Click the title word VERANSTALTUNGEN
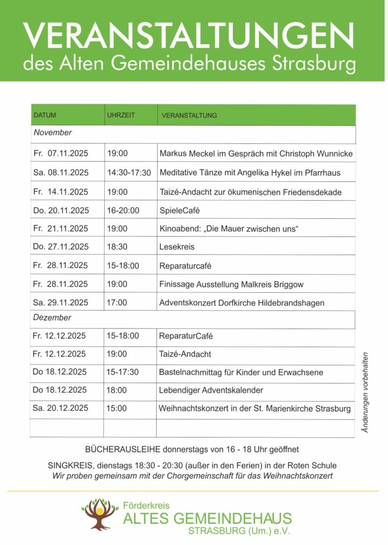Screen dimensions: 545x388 click(189, 36)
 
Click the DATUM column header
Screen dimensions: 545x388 click(45, 115)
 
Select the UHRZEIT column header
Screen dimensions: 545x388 click(121, 115)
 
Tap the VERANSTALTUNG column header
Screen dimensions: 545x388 click(189, 115)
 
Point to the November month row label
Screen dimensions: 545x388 click(53, 133)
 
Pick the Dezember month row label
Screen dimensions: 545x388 click(52, 318)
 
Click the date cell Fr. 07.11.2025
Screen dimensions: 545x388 click(61, 154)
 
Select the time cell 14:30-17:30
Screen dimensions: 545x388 click(129, 172)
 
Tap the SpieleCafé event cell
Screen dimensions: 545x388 click(180, 210)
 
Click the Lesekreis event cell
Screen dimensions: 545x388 click(177, 247)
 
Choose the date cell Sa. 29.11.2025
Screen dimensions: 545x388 click(61, 302)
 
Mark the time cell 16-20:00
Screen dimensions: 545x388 click(123, 210)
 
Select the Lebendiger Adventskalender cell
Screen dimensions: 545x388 click(211, 390)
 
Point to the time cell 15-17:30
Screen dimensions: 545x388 click(123, 372)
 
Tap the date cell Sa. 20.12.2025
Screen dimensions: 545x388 click(60, 408)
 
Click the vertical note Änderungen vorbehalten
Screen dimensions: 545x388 click(366, 392)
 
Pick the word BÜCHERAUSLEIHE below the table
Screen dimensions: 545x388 click(118, 450)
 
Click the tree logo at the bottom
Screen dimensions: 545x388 click(100, 514)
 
